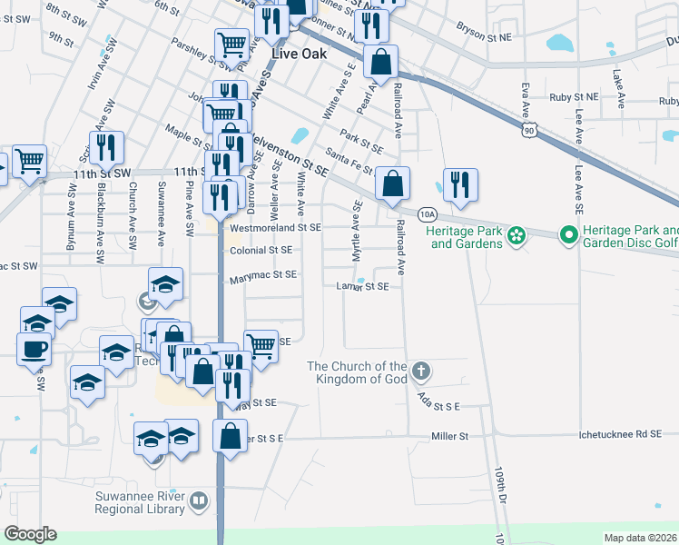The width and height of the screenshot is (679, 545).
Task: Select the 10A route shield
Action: tap(428, 214)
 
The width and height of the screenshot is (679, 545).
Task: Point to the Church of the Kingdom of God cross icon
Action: tap(419, 371)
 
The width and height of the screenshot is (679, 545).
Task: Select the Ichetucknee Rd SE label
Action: tap(621, 435)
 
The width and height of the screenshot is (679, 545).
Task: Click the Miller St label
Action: tap(449, 437)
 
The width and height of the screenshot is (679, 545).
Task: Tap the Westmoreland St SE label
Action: tap(276, 228)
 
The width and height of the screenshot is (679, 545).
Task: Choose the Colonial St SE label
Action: tap(261, 250)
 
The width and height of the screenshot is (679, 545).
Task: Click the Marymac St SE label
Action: tap(262, 274)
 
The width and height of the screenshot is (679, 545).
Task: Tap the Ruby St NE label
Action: tap(574, 97)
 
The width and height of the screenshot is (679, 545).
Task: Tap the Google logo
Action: tap(30, 534)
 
